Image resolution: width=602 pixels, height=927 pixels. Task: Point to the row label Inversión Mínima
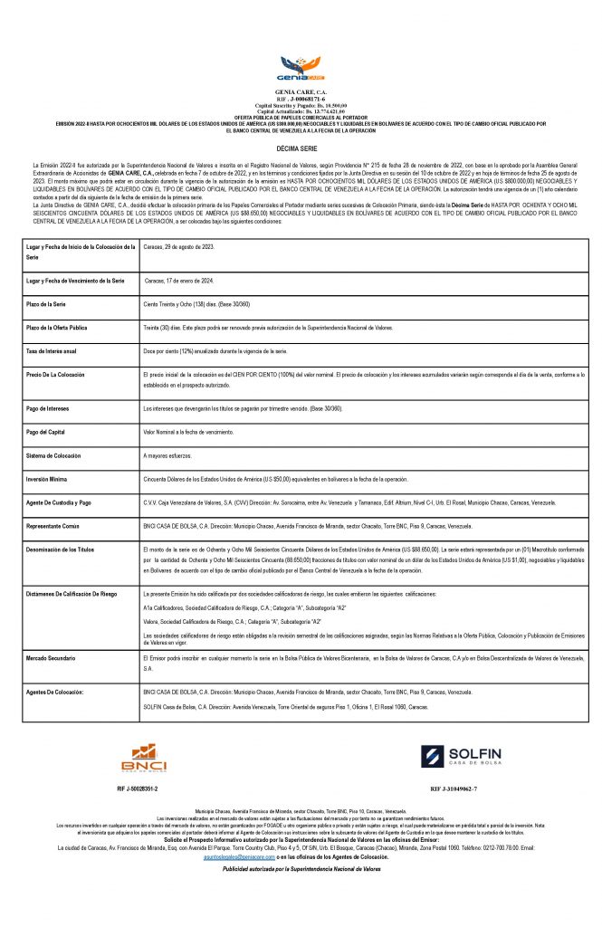click(50, 478)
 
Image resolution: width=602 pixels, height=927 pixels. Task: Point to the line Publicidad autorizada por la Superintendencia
click(301, 869)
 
